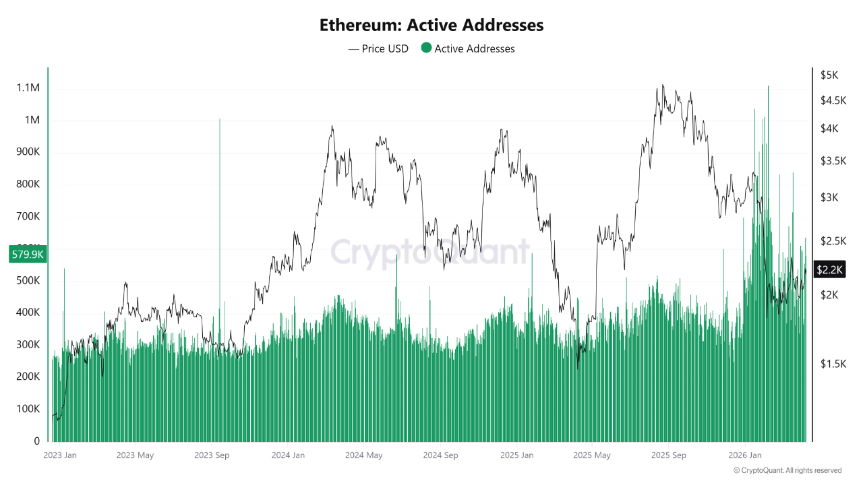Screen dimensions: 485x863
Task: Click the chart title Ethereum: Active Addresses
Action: click(431, 26)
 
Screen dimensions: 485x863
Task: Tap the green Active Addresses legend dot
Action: click(426, 48)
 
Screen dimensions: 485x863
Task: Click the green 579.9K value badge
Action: click(28, 255)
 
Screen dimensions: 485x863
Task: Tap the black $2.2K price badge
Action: click(829, 269)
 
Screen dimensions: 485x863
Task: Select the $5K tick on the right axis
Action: click(829, 75)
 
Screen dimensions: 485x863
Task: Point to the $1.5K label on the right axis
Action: click(833, 364)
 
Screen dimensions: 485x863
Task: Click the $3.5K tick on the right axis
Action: click(833, 161)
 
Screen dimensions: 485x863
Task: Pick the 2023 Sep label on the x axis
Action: click(212, 455)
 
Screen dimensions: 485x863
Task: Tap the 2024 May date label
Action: click(363, 455)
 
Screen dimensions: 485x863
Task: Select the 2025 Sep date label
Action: click(668, 455)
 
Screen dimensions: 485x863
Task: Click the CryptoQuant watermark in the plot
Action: click(429, 253)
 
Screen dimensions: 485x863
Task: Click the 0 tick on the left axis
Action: click(36, 441)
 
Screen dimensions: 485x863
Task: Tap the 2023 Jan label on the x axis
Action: click(60, 455)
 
